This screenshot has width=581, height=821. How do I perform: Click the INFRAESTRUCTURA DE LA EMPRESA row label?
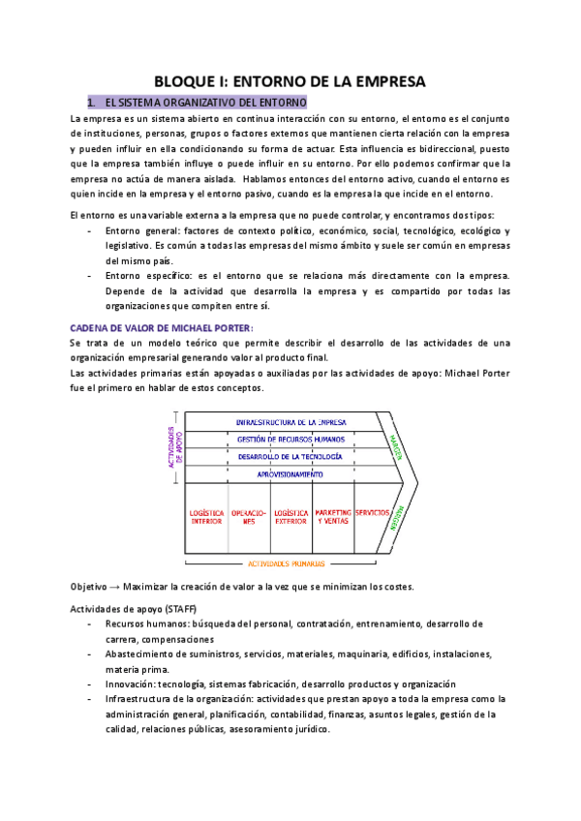[x=290, y=422]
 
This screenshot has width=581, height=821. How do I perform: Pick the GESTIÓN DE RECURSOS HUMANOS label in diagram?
[x=290, y=439]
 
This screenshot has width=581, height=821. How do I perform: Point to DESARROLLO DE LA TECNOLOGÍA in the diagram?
[x=290, y=456]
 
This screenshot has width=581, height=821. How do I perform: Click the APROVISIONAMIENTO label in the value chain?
[x=290, y=473]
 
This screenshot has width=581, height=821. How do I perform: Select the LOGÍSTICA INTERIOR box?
[x=207, y=517]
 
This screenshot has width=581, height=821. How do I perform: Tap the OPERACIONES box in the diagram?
[x=249, y=517]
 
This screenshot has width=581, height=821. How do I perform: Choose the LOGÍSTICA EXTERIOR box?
[x=290, y=517]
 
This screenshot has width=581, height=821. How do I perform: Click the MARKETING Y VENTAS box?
[x=333, y=517]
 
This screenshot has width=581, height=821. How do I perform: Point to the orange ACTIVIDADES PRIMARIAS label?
[x=287, y=563]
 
